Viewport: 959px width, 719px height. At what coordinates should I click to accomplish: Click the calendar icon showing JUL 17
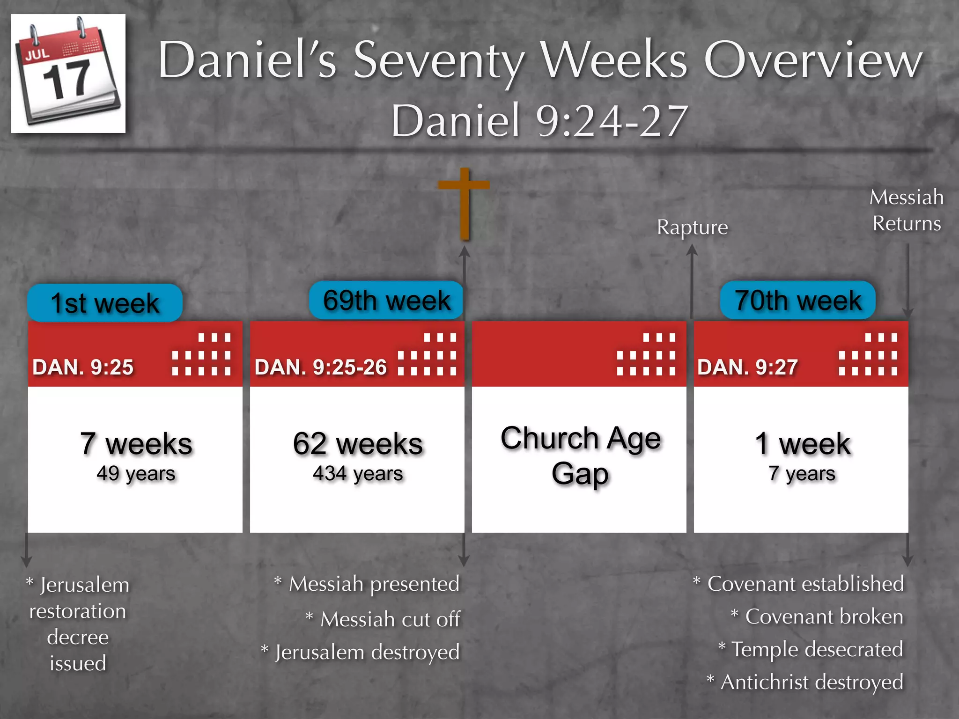[68, 73]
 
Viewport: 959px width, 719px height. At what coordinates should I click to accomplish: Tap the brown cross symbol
[464, 203]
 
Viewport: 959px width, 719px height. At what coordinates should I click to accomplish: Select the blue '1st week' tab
[105, 303]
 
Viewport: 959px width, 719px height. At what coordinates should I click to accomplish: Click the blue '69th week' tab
[386, 300]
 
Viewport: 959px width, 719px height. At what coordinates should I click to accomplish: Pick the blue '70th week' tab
[797, 300]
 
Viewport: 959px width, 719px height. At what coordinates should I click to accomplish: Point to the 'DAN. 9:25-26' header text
[321, 367]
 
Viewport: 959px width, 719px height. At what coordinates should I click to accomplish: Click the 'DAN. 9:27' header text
[747, 367]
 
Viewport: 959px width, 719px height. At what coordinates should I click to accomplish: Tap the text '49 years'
[136, 474]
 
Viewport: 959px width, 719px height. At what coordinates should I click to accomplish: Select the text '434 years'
[358, 474]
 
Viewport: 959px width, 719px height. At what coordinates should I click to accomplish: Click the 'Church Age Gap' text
[580, 455]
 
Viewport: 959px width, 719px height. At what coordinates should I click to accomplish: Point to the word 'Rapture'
[692, 227]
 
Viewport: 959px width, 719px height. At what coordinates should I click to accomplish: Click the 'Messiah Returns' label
[907, 210]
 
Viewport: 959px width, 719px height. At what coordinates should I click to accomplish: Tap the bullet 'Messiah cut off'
[390, 619]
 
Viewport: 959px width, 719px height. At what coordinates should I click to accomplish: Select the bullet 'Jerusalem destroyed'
[367, 652]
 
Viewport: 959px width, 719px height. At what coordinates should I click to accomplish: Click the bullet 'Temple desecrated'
[816, 649]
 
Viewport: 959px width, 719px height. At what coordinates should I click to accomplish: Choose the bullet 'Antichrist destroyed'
[811, 682]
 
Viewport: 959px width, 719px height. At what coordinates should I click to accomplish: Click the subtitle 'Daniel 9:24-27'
[539, 121]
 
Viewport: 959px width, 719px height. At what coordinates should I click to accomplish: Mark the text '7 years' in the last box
[802, 474]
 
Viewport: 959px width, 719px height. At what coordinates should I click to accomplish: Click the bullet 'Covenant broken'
[823, 616]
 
